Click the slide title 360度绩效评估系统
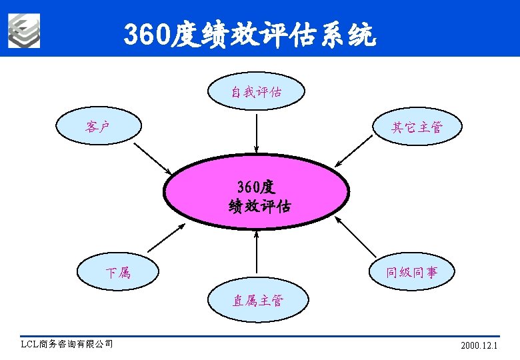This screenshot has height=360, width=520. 250,35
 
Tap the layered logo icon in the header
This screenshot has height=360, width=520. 24,31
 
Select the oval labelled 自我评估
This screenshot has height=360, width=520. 257,92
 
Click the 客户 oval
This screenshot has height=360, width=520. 98,126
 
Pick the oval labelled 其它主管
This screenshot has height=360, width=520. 417,127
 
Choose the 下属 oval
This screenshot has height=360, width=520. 118,272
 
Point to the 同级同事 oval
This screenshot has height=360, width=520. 412,272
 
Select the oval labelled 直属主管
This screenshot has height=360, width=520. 257,301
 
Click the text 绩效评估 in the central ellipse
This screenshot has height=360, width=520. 259,205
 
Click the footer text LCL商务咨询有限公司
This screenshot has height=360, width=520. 67,345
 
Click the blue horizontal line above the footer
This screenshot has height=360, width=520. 260,337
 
